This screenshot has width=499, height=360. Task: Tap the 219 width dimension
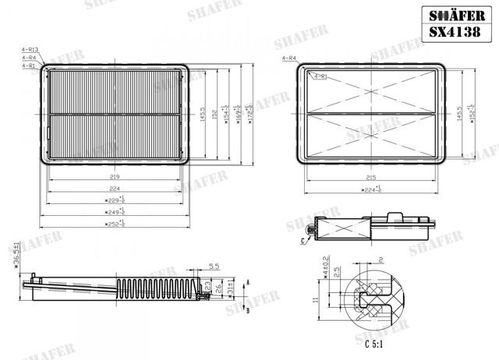[x=115, y=177]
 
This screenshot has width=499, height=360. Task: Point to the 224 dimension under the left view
[x=115, y=189]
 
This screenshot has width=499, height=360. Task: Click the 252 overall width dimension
[x=115, y=223]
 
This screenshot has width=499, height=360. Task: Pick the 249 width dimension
[x=115, y=211]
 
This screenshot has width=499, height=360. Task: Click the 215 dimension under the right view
[x=371, y=177]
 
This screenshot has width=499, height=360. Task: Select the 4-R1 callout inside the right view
[x=319, y=76]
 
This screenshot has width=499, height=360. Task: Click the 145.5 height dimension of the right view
[x=460, y=115]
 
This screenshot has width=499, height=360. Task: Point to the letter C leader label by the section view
[x=301, y=242]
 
